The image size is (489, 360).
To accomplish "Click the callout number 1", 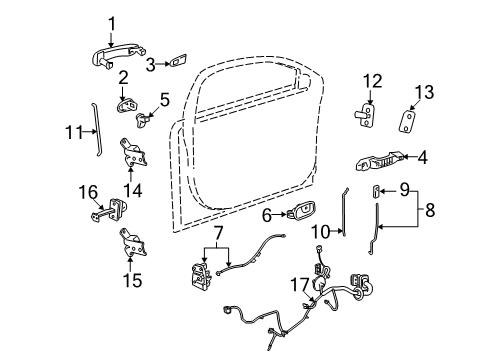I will point(112,21).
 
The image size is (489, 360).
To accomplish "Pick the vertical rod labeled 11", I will point(95,131).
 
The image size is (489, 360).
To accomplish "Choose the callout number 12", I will point(372,82).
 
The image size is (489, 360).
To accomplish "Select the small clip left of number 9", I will point(376,189).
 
